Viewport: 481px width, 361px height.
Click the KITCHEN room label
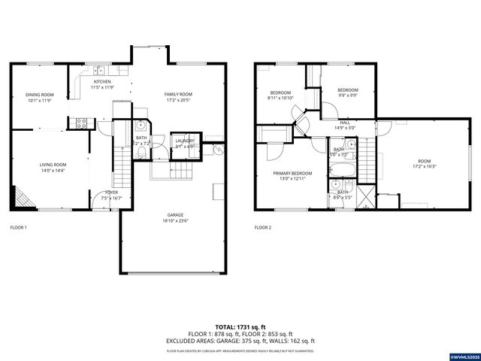click(101, 81)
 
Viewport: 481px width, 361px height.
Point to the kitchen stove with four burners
click(82, 122)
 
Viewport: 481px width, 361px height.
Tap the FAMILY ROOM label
click(178, 94)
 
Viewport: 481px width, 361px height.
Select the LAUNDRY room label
click(185, 141)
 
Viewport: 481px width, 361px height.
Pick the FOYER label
click(111, 193)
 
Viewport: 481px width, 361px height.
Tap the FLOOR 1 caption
click(18, 227)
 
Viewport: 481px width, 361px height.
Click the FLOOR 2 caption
click(262, 227)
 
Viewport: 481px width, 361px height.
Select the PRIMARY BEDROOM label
click(292, 173)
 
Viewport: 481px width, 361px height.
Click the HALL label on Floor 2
click(345, 122)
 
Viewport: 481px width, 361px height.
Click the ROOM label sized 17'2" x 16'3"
click(425, 161)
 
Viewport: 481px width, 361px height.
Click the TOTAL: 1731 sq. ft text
click(240, 327)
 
